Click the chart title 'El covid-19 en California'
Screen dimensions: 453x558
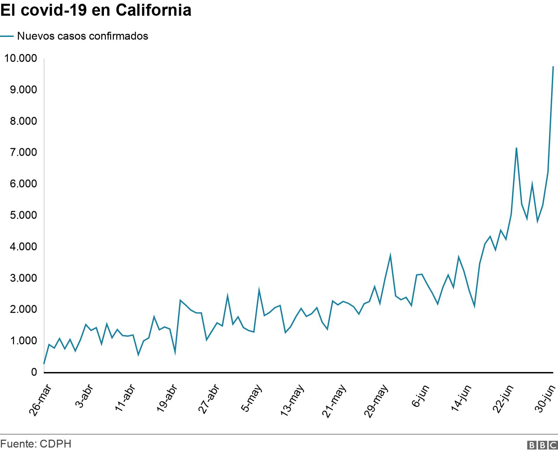(x=95, y=10)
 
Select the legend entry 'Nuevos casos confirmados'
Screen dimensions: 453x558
(x=82, y=36)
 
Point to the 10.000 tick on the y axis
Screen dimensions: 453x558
(x=20, y=58)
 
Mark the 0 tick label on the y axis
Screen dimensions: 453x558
(x=34, y=372)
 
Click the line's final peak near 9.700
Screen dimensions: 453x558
(x=553, y=67)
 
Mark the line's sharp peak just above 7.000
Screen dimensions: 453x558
(x=516, y=148)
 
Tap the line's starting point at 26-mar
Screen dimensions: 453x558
(x=44, y=364)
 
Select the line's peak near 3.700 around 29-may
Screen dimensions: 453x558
(x=390, y=255)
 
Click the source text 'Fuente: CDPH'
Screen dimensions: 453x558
(x=36, y=444)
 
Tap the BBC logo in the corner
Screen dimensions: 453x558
(x=543, y=445)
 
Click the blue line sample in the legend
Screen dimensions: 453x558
(x=7, y=36)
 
